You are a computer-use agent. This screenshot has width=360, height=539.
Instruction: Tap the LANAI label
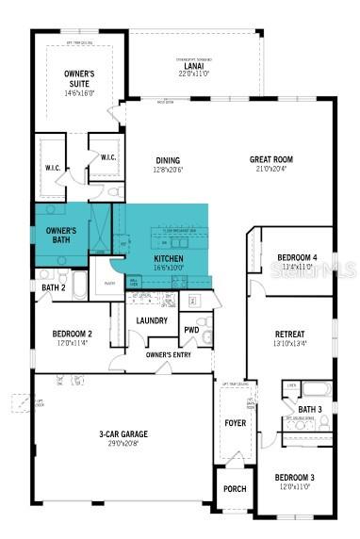[x=193, y=66]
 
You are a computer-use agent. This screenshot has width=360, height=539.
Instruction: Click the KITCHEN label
[x=169, y=258]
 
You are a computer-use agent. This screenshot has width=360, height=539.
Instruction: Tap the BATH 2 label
[x=53, y=286]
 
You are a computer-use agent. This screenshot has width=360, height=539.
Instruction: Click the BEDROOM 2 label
[x=72, y=334]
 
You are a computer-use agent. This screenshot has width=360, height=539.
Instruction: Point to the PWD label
[x=191, y=330]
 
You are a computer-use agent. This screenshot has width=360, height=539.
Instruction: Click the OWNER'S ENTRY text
[x=170, y=354]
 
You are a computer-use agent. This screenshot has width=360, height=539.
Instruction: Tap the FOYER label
[x=234, y=423]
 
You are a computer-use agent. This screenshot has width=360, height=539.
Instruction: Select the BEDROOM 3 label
[x=296, y=478]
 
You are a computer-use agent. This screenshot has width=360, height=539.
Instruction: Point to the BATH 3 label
[x=310, y=409]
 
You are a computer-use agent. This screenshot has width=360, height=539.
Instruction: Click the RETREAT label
[x=289, y=335]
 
